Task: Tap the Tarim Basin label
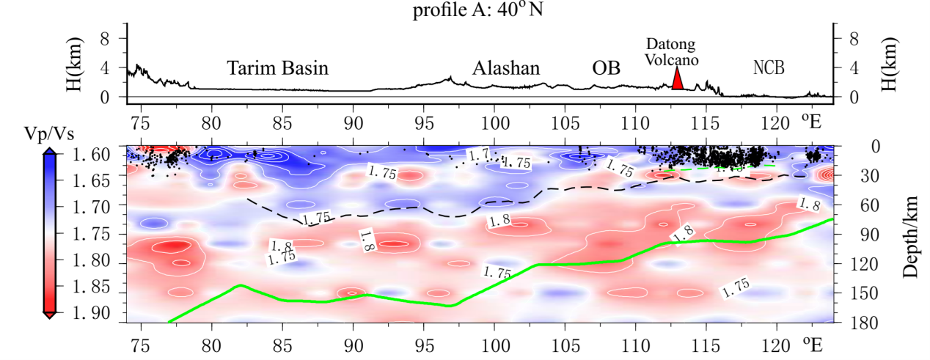pos(277,69)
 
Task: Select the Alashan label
pos(506,69)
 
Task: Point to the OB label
pos(607,69)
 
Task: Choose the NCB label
pos(769,69)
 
